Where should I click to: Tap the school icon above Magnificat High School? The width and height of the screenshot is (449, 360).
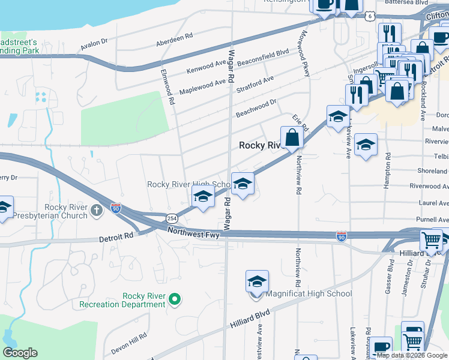point(257,281)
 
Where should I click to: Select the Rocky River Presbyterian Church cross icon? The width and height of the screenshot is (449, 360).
point(97,211)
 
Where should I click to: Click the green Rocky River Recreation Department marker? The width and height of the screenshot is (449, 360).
point(175,298)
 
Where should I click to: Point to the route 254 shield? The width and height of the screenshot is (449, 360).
point(172,218)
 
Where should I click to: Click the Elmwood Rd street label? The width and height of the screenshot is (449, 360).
point(167,87)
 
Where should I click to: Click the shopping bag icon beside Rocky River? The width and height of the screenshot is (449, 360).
point(292,137)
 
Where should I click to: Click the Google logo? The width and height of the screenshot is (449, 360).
point(20,353)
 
